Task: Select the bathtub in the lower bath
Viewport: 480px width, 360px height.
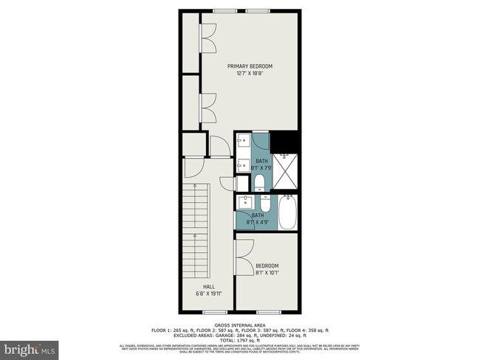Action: [x=287, y=213]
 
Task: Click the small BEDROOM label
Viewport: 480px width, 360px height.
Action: [x=267, y=266]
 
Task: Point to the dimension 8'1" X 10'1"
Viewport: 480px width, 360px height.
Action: [x=267, y=273]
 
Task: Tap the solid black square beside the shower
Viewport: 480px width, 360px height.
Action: [x=285, y=140]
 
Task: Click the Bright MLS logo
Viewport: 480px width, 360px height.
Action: [x=30, y=347]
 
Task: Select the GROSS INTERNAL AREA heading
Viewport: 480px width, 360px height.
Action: [x=240, y=325]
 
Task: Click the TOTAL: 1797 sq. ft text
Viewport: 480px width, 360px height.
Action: [x=240, y=341]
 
